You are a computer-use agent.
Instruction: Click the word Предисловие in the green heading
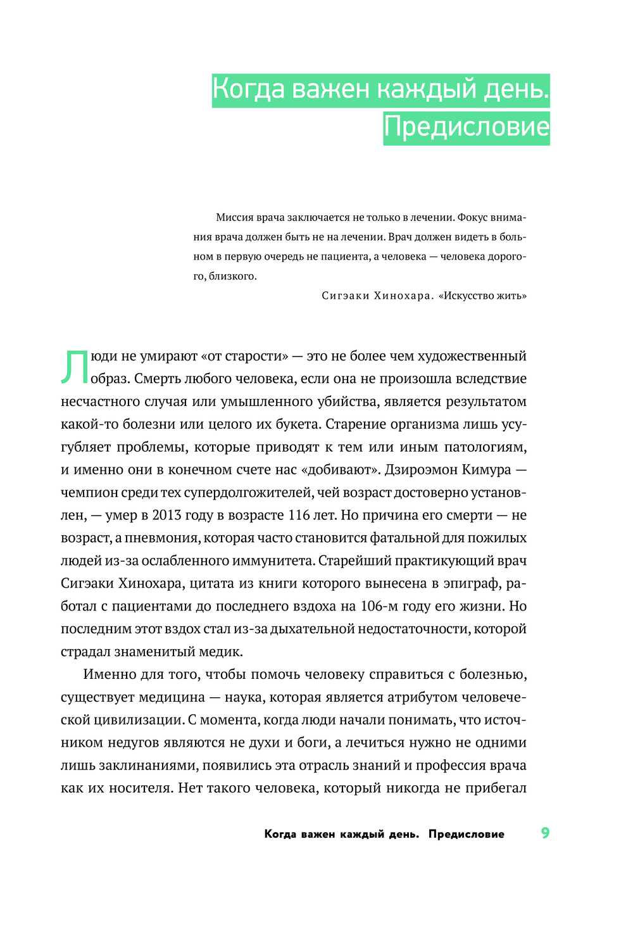(466, 127)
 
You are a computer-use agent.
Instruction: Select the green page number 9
(545, 833)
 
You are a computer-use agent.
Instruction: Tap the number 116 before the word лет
(299, 515)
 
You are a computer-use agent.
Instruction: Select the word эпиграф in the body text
(473, 584)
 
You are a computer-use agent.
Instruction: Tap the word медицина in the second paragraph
(172, 697)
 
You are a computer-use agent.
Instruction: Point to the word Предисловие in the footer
(466, 834)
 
